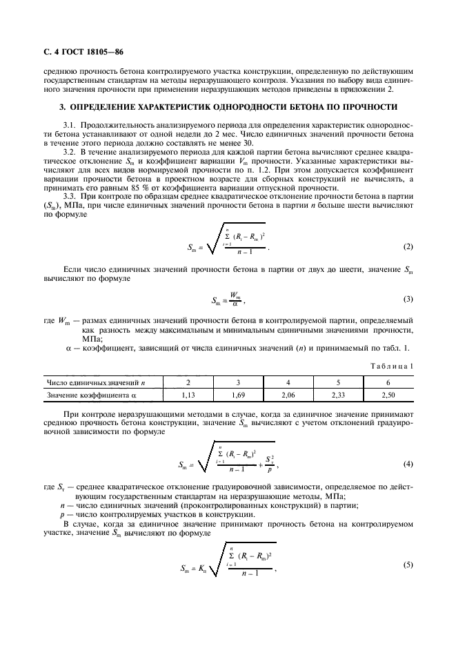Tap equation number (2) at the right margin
coord(408,246)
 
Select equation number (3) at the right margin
coord(408,299)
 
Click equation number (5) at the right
coord(408,566)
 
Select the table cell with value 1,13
coord(187,395)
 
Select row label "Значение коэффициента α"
coord(90,395)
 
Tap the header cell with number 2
coord(187,382)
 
